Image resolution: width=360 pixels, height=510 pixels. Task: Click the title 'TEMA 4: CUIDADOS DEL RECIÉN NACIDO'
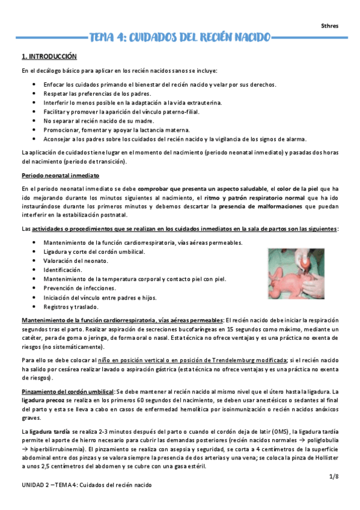click(180, 37)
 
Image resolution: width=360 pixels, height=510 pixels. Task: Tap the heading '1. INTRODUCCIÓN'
click(49, 57)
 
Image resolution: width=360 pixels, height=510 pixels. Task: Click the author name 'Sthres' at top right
click(330, 25)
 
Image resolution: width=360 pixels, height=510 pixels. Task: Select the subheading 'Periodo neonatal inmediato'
click(60, 176)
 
